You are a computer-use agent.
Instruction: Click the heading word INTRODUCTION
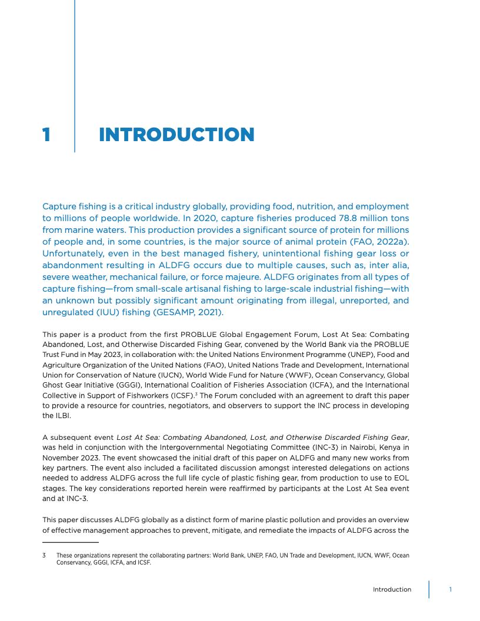coord(176,135)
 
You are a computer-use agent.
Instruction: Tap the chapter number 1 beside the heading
coord(46,135)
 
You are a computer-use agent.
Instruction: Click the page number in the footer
coord(451,589)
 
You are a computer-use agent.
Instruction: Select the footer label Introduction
coord(392,589)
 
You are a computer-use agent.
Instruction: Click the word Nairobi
coord(350,446)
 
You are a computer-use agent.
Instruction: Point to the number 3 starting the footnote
coord(44,555)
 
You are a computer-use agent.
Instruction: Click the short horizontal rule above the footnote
coord(71,542)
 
